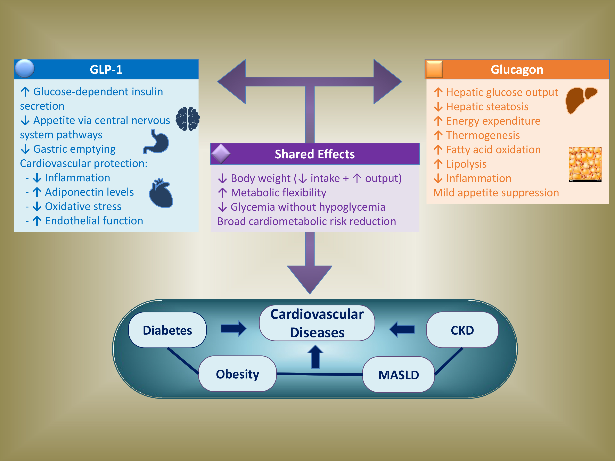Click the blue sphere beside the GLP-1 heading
tap(25, 68)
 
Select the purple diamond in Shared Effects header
tap(221, 153)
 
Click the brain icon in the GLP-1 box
tap(188, 119)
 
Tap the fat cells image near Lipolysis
tap(585, 164)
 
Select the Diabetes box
tap(167, 330)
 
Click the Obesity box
tap(237, 374)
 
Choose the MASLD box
tap(398, 375)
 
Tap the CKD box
tap(462, 330)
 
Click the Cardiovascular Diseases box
tap(317, 323)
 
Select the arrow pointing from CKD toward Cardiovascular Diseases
tap(402, 329)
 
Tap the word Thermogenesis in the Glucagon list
tap(483, 135)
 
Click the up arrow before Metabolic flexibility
tap(222, 193)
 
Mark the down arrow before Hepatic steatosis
tap(438, 107)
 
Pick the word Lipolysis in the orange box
tap(466, 164)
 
